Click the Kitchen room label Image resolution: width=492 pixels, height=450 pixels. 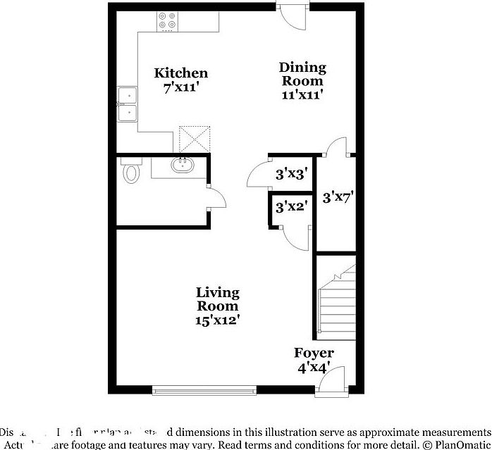click(x=181, y=73)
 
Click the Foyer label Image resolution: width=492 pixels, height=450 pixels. click(x=314, y=354)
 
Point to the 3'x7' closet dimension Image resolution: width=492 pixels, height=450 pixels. click(x=337, y=198)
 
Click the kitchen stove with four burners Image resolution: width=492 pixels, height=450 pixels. click(x=168, y=22)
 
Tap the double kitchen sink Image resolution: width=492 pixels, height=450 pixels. click(x=128, y=104)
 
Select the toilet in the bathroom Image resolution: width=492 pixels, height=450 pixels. click(x=130, y=173)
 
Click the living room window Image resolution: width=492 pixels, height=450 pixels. click(x=204, y=389)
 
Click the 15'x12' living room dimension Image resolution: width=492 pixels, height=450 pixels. click(x=217, y=320)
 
